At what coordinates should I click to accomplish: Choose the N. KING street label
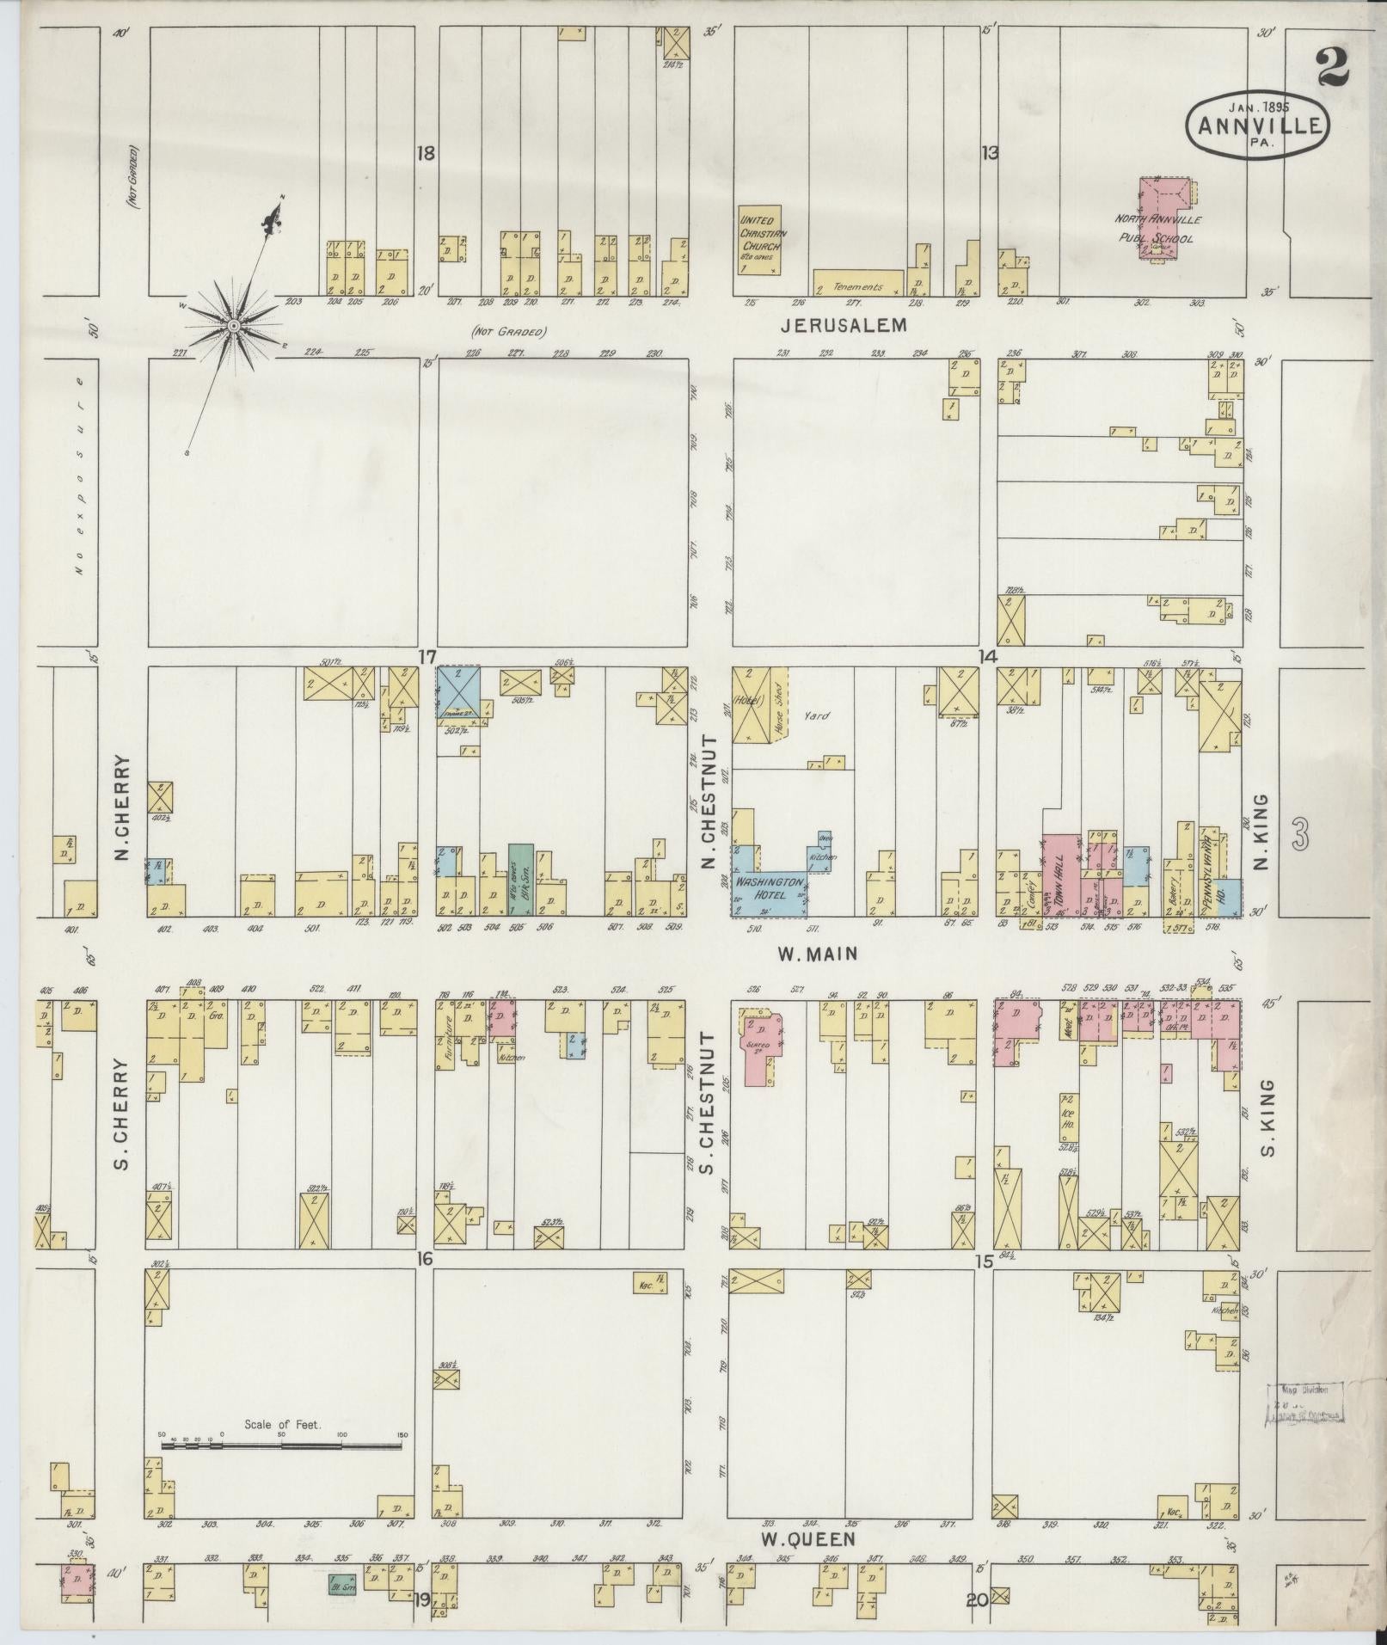coord(1261,832)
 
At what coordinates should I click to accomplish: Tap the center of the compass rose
coord(233,327)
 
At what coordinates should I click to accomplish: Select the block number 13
coord(990,154)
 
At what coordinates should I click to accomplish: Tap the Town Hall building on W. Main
coord(1060,872)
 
